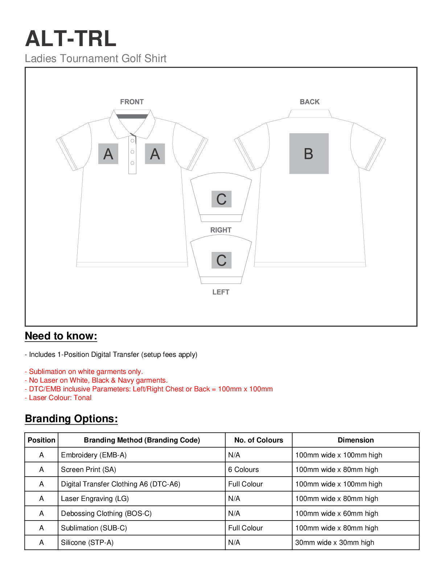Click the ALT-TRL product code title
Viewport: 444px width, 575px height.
coord(71,38)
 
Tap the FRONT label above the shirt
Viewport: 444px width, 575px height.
coord(132,102)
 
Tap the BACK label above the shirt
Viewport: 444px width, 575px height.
coord(309,102)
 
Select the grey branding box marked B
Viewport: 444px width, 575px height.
coord(309,154)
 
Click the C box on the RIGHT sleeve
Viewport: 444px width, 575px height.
coord(221,199)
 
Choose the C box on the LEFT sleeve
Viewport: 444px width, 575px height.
coord(221,260)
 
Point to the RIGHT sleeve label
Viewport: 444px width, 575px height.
coord(221,230)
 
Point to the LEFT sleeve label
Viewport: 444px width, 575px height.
coord(221,292)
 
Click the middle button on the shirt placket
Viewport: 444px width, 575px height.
coord(132,152)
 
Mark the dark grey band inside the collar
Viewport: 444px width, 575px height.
coord(132,117)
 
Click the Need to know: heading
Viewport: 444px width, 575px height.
coord(61,336)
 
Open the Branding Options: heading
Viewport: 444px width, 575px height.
coord(71,419)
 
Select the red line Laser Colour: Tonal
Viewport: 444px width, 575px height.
coord(58,398)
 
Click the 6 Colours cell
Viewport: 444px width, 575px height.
coord(243,470)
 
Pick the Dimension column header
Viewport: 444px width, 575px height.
coord(355,440)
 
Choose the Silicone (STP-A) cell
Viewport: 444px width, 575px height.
coord(87,543)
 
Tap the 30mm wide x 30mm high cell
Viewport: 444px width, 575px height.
coord(334,543)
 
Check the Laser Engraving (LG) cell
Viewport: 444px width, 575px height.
coord(95,499)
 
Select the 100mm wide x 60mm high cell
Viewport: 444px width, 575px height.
coord(336,514)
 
